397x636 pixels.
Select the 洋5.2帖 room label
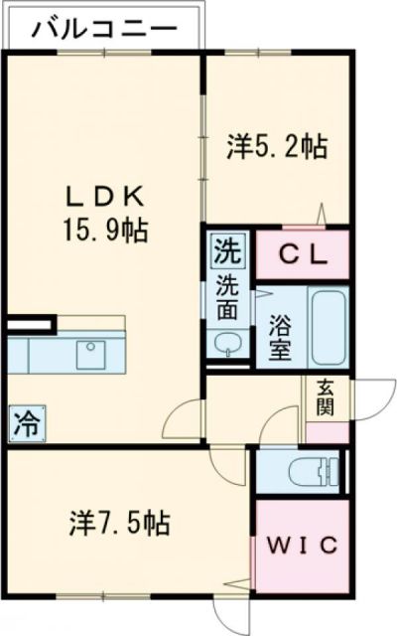click(277, 148)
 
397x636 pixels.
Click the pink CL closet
click(302, 254)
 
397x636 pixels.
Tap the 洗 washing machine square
click(225, 249)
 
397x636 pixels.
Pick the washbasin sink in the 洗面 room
click(228, 345)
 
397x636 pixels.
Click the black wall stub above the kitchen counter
click(27, 324)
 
